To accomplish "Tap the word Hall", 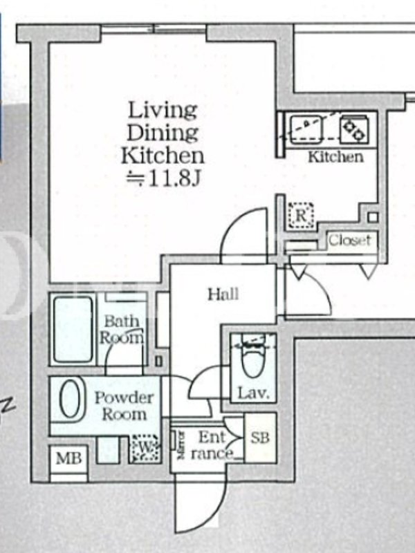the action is coord(223,294).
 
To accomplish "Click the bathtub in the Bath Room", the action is coord(73,330).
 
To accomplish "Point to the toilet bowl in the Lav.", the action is coord(253,359).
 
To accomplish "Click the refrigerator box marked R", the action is coord(301,215).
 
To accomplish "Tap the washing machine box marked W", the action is coord(145,448).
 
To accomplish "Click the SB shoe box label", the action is coord(260,438).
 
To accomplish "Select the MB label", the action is coord(68,458).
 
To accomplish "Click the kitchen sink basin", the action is coord(306,129).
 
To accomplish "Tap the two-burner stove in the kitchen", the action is coord(354,129).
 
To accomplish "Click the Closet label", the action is coord(350,241).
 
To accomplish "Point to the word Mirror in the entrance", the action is coord(181,444).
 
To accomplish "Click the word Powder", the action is coord(124,398).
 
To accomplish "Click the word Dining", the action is coord(163,133).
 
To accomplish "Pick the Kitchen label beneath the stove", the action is coord(335,157).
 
